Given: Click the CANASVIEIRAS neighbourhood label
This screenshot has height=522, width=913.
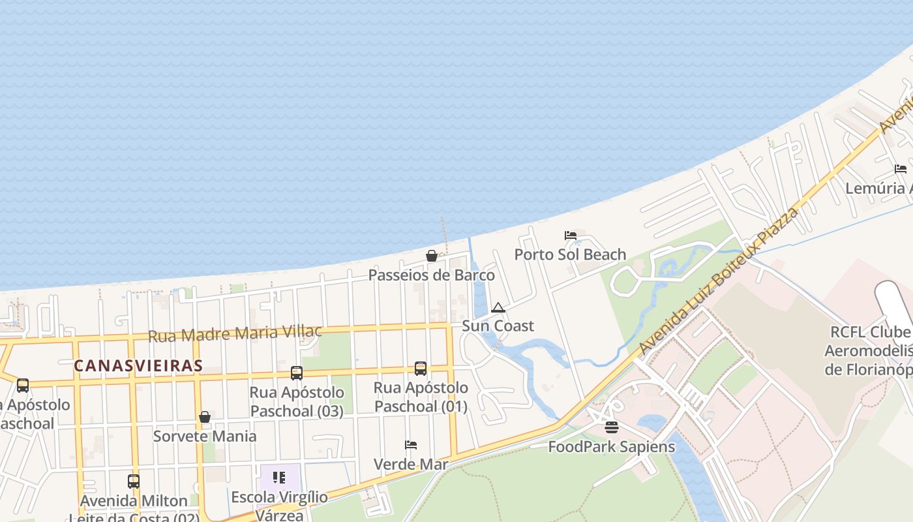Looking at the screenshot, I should tap(138, 365).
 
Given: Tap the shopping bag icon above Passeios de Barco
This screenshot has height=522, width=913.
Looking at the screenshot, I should tap(431, 256).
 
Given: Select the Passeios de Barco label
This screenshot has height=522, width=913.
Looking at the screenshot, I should tap(432, 275).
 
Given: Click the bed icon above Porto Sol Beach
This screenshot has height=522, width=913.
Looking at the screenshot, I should tap(571, 236).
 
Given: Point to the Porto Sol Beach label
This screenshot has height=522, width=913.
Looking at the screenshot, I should tap(570, 254).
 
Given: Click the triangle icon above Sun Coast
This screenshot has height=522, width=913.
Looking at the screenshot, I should tap(498, 307).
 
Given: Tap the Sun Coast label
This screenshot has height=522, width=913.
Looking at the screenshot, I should tap(498, 326).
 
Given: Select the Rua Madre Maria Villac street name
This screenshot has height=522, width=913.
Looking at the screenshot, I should tap(235, 333).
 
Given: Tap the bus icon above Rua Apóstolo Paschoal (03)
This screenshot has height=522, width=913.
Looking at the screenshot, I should tap(297, 373).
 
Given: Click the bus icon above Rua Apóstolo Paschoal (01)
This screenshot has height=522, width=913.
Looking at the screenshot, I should tap(421, 369).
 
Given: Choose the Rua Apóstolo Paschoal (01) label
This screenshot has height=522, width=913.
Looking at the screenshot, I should tap(421, 397).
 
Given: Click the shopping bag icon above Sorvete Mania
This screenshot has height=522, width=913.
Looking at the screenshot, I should tap(205, 417).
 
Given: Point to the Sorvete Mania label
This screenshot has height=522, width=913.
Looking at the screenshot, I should tap(205, 436).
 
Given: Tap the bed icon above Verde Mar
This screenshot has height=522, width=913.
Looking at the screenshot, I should tap(411, 445).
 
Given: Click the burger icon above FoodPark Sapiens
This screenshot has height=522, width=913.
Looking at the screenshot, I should tap(611, 427).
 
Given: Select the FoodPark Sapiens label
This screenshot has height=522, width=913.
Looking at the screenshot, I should tap(611, 447).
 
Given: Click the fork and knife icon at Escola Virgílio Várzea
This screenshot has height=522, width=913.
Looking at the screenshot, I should tap(279, 478).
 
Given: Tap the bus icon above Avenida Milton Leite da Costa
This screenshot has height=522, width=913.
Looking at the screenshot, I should tap(134, 482).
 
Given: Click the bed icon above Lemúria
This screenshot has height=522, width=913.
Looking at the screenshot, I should tap(901, 169).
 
